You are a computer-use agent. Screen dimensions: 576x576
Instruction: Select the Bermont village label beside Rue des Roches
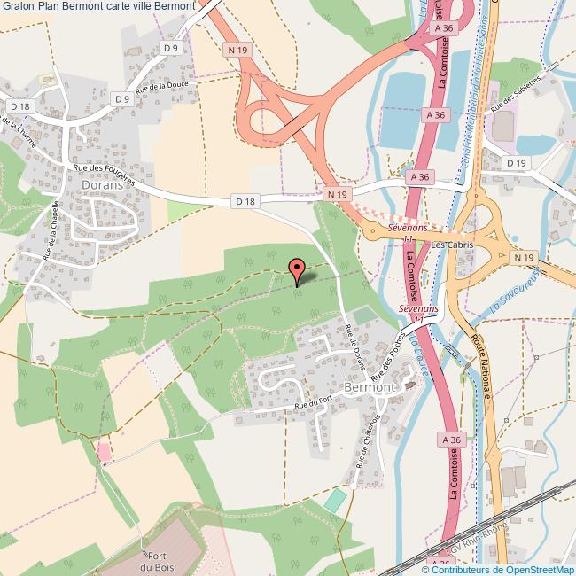click(x=369, y=387)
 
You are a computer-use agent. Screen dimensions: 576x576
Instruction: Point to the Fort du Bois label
click(x=160, y=560)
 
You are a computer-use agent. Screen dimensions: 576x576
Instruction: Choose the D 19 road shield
click(x=517, y=163)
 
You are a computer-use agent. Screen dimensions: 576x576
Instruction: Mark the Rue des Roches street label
click(x=391, y=354)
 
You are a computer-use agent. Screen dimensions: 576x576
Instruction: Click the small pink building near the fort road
click(x=105, y=452)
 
